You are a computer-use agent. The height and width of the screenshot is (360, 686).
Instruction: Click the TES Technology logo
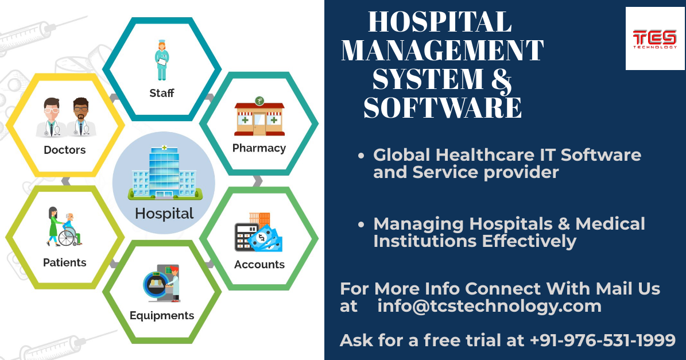(655, 38)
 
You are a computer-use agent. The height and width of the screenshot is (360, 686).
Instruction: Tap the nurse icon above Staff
(162, 60)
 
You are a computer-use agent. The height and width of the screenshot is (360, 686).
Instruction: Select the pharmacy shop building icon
(259, 116)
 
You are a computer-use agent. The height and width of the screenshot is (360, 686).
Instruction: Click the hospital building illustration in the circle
(165, 172)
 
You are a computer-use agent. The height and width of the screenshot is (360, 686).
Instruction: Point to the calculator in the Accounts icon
(246, 237)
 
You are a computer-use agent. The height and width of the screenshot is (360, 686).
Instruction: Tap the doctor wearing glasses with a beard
(81, 117)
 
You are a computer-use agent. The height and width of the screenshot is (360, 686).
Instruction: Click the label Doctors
(65, 150)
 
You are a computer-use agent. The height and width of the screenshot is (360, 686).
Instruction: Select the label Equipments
(162, 316)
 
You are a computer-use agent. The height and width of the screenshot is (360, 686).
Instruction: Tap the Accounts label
(259, 265)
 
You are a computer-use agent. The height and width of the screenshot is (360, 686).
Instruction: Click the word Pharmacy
(259, 148)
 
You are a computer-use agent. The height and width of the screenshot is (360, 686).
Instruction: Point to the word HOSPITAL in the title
(440, 22)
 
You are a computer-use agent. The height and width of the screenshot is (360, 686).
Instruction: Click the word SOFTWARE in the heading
(443, 107)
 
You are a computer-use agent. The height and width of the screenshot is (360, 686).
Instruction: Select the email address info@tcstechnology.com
(489, 306)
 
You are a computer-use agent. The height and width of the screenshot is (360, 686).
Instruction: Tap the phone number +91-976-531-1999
(602, 340)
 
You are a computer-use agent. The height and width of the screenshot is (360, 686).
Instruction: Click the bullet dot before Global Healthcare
(361, 156)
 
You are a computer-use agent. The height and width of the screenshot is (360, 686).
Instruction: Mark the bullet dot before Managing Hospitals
(361, 225)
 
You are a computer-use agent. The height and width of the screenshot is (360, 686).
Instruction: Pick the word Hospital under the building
(164, 214)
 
